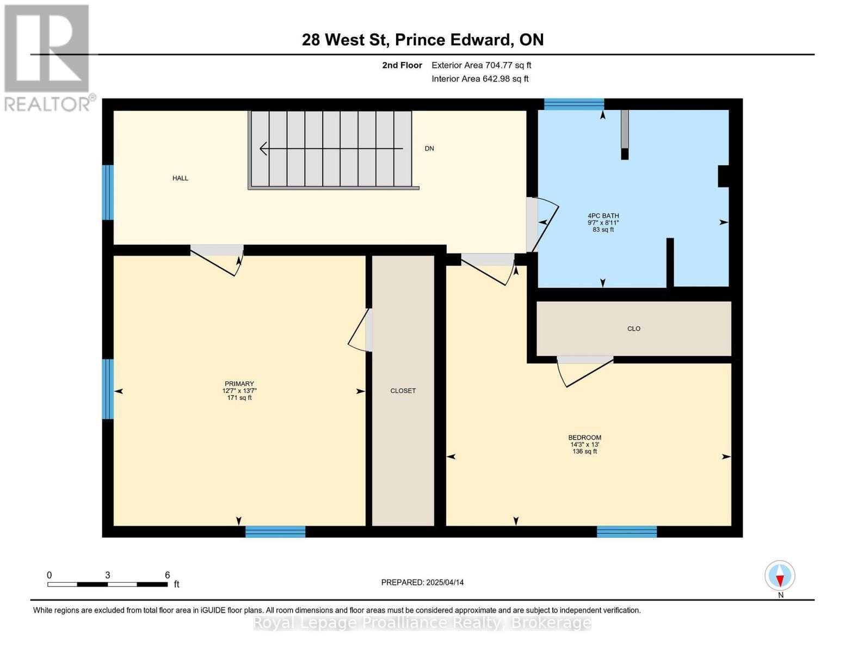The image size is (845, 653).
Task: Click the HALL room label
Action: click(180, 178)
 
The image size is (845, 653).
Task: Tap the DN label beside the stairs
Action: click(429, 148)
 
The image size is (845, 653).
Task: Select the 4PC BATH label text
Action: click(603, 216)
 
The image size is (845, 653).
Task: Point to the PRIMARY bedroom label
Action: click(239, 384)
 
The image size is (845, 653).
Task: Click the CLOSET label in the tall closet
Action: click(403, 391)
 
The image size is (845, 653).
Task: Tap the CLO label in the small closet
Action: click(633, 329)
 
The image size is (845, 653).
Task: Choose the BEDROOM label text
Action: click(584, 438)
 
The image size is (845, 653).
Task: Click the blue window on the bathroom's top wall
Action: click(573, 104)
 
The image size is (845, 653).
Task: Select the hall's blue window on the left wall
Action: click(108, 193)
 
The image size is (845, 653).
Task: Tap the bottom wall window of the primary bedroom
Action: click(275, 531)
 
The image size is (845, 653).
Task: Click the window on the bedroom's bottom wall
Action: click(627, 531)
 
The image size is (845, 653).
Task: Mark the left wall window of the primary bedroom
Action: click(108, 389)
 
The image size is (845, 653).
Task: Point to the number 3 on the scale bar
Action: click(107, 575)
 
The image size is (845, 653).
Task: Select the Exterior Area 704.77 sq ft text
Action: click(482, 65)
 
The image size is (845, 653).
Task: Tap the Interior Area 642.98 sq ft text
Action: click(480, 79)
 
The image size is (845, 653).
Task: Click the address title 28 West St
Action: click(346, 40)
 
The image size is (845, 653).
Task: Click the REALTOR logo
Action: click(48, 58)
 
